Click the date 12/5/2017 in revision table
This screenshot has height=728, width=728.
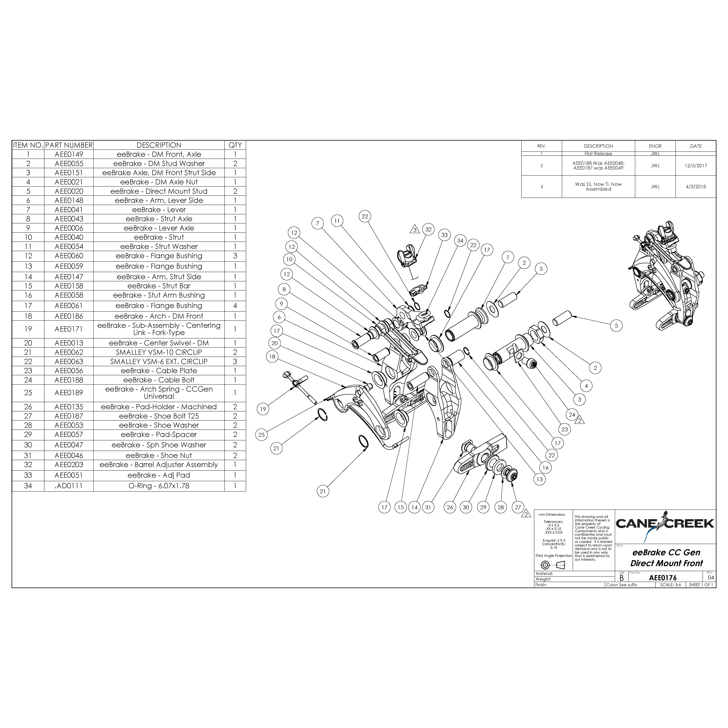[696, 165]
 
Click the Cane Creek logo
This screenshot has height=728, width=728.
[665, 523]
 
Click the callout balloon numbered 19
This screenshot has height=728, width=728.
[263, 409]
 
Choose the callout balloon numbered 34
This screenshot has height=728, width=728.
[460, 240]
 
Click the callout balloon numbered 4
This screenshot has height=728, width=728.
[586, 386]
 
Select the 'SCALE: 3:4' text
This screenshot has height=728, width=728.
[670, 585]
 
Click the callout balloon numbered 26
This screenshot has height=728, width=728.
[450, 507]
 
